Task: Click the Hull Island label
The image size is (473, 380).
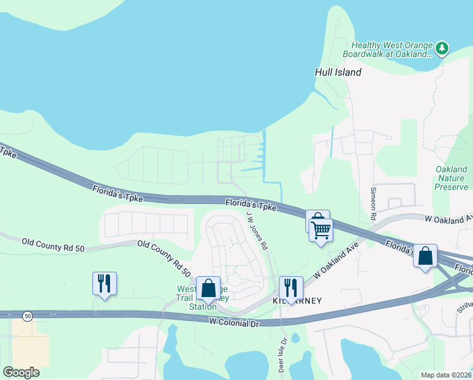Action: pos(338,72)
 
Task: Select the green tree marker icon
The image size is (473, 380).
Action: pos(443,47)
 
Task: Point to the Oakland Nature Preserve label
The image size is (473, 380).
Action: pos(451,178)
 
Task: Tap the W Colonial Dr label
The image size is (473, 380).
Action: pos(235,322)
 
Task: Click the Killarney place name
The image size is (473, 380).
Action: pos(297,301)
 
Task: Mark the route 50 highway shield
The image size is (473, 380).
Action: pos(27,315)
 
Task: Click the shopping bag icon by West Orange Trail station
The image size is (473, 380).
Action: pos(208,288)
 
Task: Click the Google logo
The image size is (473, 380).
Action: pos(21,372)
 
